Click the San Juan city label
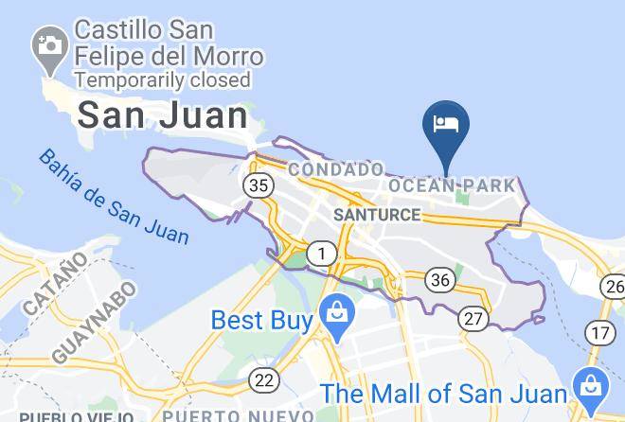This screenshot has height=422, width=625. [x=162, y=116]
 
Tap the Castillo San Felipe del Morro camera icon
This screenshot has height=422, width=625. [x=46, y=44]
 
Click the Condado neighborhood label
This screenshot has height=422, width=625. [x=336, y=169]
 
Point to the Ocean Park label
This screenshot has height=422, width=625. [x=453, y=185]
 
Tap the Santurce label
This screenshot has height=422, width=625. [x=377, y=215]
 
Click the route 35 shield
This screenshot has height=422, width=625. [x=257, y=185]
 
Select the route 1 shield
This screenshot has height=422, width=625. [x=324, y=254]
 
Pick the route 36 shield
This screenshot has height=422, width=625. [x=439, y=279]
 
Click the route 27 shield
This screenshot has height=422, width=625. [x=473, y=319]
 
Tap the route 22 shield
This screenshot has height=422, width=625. [x=264, y=380]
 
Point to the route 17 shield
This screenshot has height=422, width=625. [x=598, y=332]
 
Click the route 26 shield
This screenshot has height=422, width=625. [x=615, y=285]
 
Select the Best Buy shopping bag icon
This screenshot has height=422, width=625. [x=335, y=311]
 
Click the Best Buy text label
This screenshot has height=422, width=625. [x=261, y=321]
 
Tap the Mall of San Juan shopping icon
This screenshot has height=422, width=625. [x=591, y=384]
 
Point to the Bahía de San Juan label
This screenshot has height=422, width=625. [x=114, y=196]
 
